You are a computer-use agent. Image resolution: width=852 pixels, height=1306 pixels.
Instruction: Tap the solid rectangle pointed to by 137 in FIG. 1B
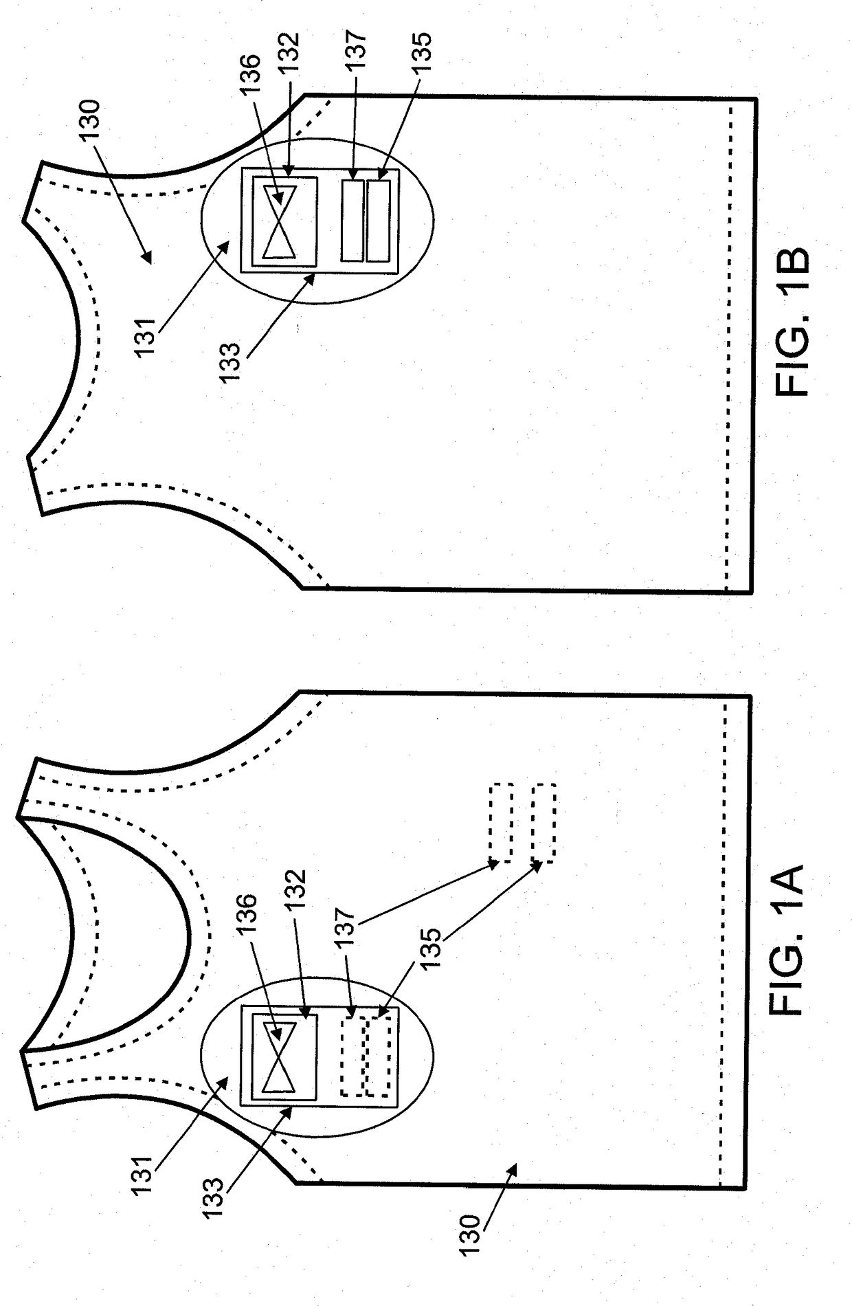coord(352,219)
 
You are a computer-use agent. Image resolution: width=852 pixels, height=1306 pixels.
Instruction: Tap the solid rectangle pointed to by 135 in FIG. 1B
coord(378,219)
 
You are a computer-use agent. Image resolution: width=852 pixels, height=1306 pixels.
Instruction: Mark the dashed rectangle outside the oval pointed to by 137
coord(501,823)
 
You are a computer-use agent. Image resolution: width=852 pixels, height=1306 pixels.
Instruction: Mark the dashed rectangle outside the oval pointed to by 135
coord(543,823)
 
